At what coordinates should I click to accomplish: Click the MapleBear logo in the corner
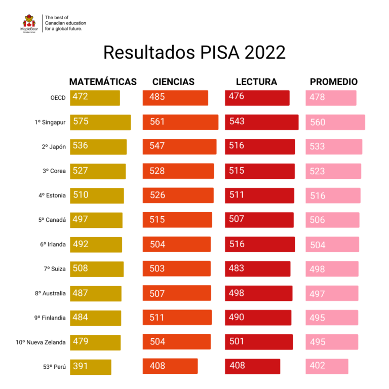click(x=29, y=23)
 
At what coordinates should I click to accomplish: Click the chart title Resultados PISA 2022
click(x=194, y=53)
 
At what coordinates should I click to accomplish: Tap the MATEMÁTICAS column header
click(x=103, y=82)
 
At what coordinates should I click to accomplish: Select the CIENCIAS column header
click(x=173, y=82)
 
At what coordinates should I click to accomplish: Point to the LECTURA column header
click(x=256, y=82)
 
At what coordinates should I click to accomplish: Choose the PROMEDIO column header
click(x=334, y=82)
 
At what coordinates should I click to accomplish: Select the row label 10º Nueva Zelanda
click(x=41, y=342)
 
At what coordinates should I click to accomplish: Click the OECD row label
click(x=58, y=98)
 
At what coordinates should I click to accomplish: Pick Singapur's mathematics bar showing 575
click(x=100, y=122)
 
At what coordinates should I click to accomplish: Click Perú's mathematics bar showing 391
click(x=91, y=367)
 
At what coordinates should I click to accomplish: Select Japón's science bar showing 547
click(x=180, y=146)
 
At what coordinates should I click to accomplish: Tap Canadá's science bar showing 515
click(x=177, y=220)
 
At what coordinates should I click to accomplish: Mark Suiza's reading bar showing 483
click(x=257, y=269)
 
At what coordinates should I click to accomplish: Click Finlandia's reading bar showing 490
click(x=258, y=318)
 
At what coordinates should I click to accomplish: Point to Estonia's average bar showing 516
click(x=333, y=196)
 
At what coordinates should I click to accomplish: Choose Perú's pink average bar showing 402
click(x=327, y=366)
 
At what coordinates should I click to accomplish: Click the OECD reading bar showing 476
click(x=257, y=98)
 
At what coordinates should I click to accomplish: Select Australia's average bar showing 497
click(x=332, y=293)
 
